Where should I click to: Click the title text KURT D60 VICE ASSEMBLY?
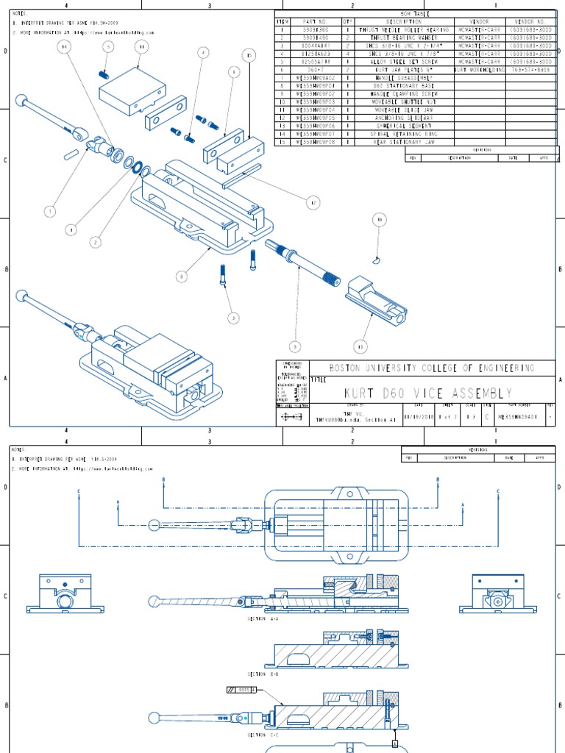click(x=429, y=393)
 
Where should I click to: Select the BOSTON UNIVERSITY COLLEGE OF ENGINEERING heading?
click(x=431, y=368)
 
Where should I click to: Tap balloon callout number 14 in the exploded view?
click(x=65, y=46)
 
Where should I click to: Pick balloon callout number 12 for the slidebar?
click(x=313, y=202)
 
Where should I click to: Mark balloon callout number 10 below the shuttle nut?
click(x=360, y=346)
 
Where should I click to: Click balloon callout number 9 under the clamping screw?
click(x=296, y=346)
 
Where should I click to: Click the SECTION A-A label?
click(x=263, y=619)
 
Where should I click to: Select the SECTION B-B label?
click(x=263, y=674)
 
